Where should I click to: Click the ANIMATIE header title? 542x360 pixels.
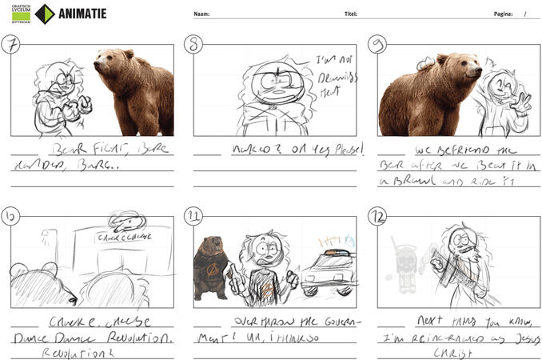[82, 14]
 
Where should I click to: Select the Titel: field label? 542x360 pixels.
[350, 14]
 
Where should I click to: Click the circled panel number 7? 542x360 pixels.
[11, 44]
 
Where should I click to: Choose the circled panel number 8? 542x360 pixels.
[194, 44]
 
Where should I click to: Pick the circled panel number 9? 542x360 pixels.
[377, 44]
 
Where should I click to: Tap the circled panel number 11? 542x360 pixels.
[194, 215]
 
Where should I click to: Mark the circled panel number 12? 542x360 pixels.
[377, 215]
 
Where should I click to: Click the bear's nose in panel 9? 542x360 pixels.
[478, 71]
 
